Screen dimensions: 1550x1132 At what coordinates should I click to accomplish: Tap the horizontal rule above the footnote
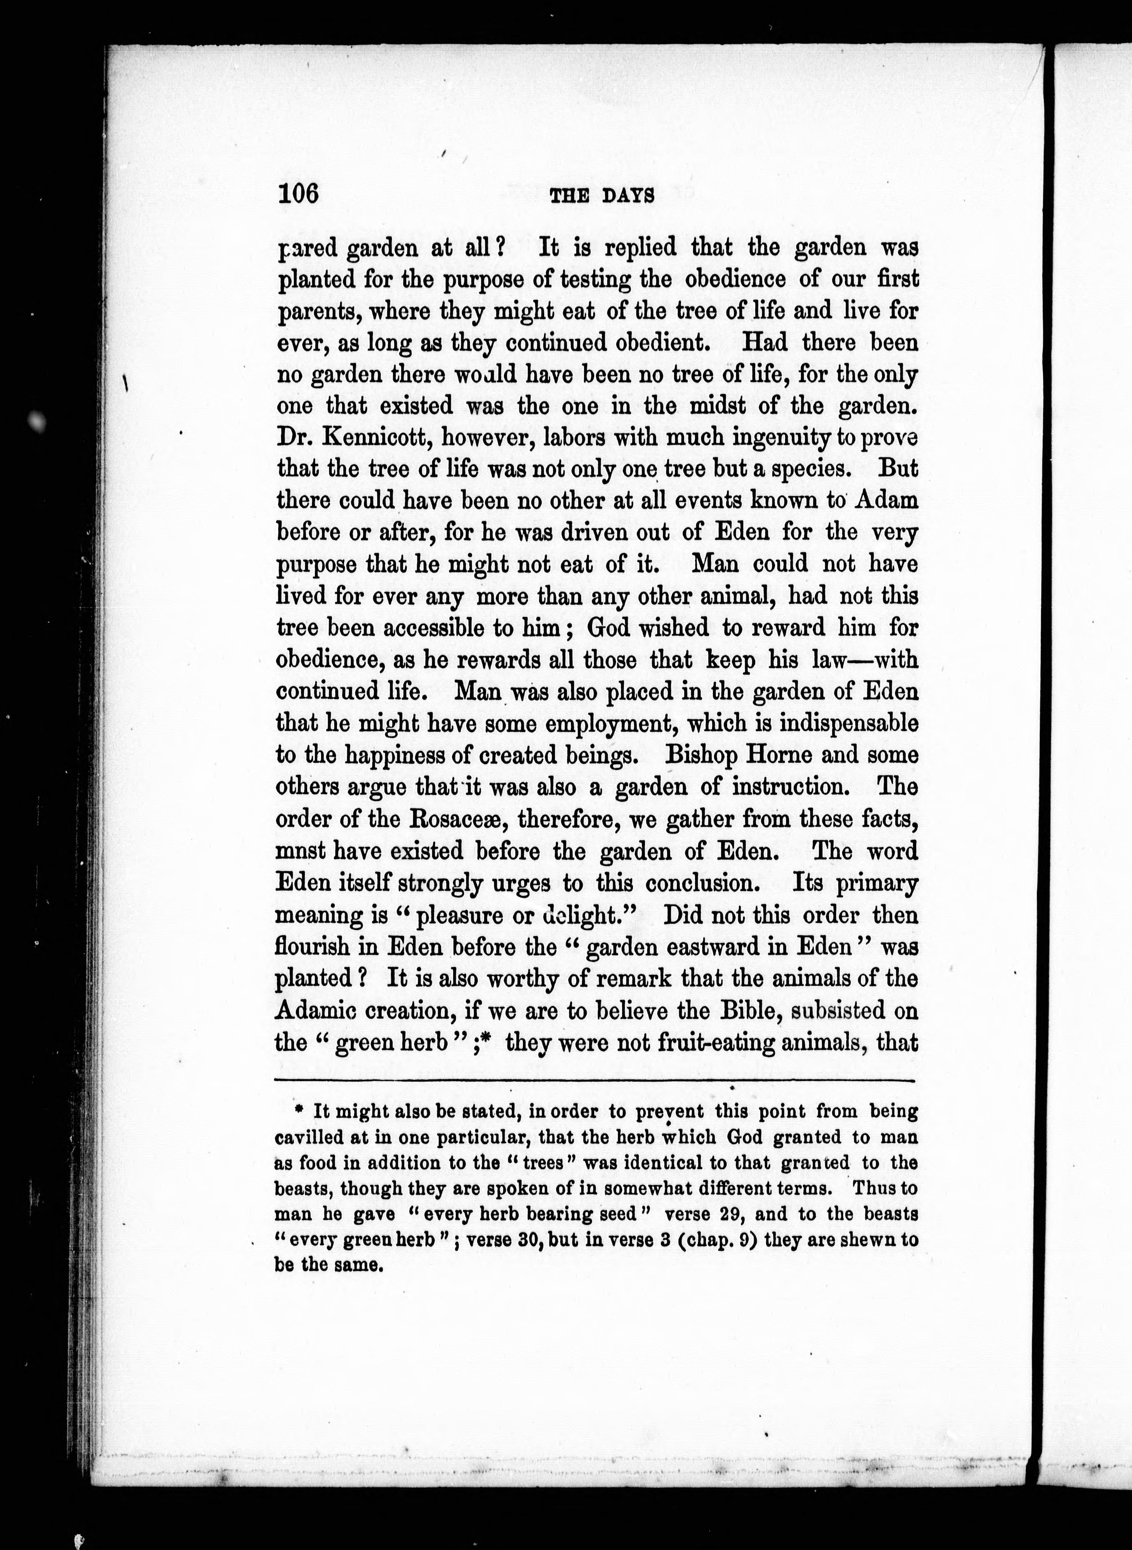click(595, 1081)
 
